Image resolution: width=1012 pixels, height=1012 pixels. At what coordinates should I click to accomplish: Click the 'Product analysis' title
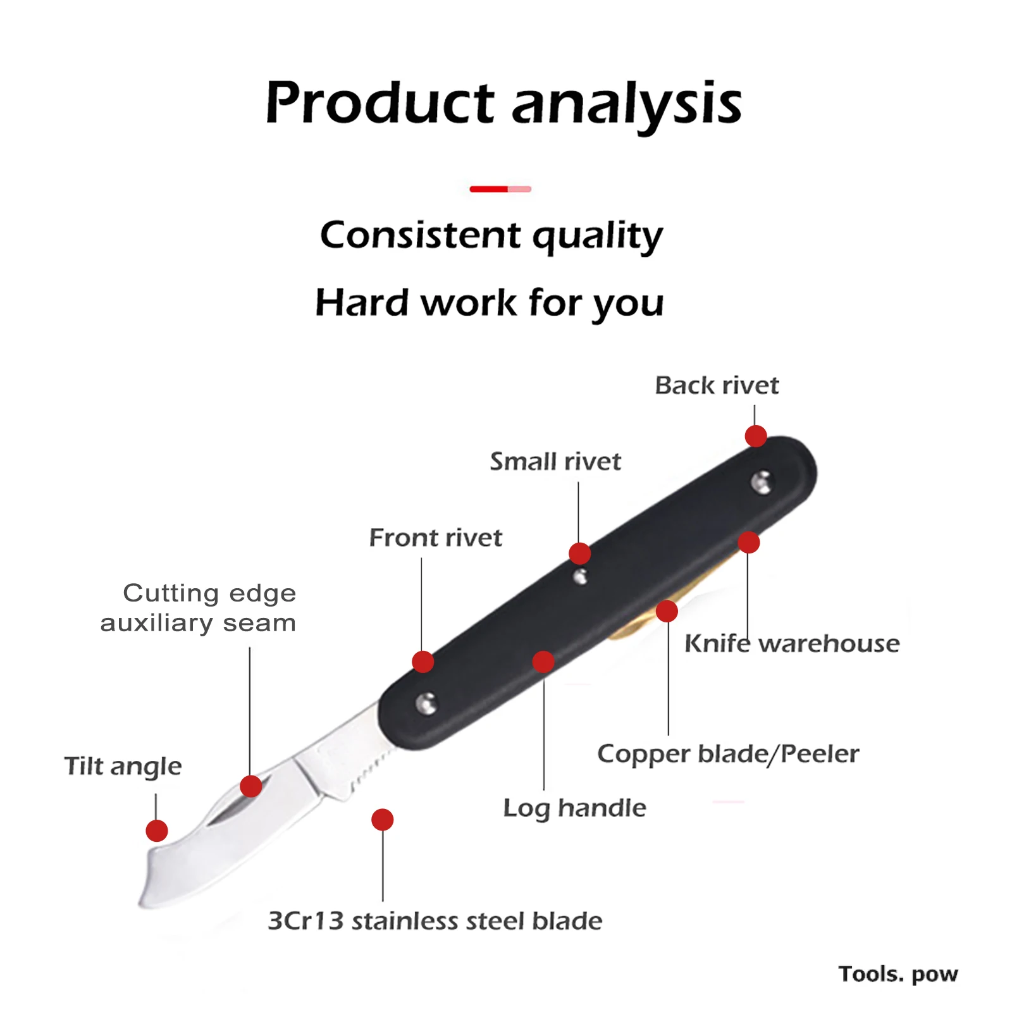503,102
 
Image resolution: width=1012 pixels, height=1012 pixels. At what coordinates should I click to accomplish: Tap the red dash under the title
500,188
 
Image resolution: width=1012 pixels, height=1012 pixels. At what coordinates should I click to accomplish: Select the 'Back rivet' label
717,385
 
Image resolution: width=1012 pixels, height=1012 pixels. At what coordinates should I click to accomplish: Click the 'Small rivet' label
555,461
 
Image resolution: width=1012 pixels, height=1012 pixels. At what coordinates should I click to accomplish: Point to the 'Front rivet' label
435,538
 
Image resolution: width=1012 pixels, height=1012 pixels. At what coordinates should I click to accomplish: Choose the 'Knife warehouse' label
792,643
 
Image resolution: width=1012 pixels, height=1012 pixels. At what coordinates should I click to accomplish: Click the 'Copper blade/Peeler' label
728,753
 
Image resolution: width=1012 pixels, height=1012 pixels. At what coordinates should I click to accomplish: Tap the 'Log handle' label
574,808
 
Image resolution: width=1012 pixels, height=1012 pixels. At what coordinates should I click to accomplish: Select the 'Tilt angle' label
123,766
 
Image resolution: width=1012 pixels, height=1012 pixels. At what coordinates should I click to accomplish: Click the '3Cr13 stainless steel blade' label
435,920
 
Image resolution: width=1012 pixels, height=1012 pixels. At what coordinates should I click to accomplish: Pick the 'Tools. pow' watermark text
898,973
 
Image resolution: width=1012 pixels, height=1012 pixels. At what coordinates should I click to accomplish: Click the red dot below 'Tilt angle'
157,830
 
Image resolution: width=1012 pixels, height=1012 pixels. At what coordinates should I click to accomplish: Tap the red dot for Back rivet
756,436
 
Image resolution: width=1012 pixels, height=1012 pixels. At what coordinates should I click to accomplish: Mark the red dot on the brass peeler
667,611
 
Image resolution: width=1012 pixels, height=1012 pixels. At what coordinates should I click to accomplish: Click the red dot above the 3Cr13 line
382,820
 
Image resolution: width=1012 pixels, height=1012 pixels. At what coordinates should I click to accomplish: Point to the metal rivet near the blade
427,703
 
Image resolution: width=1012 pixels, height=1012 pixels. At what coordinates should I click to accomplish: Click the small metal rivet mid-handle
580,576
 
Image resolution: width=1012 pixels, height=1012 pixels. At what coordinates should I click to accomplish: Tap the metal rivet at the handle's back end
762,482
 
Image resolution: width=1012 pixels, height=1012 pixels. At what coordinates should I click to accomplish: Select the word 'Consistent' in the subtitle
420,235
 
